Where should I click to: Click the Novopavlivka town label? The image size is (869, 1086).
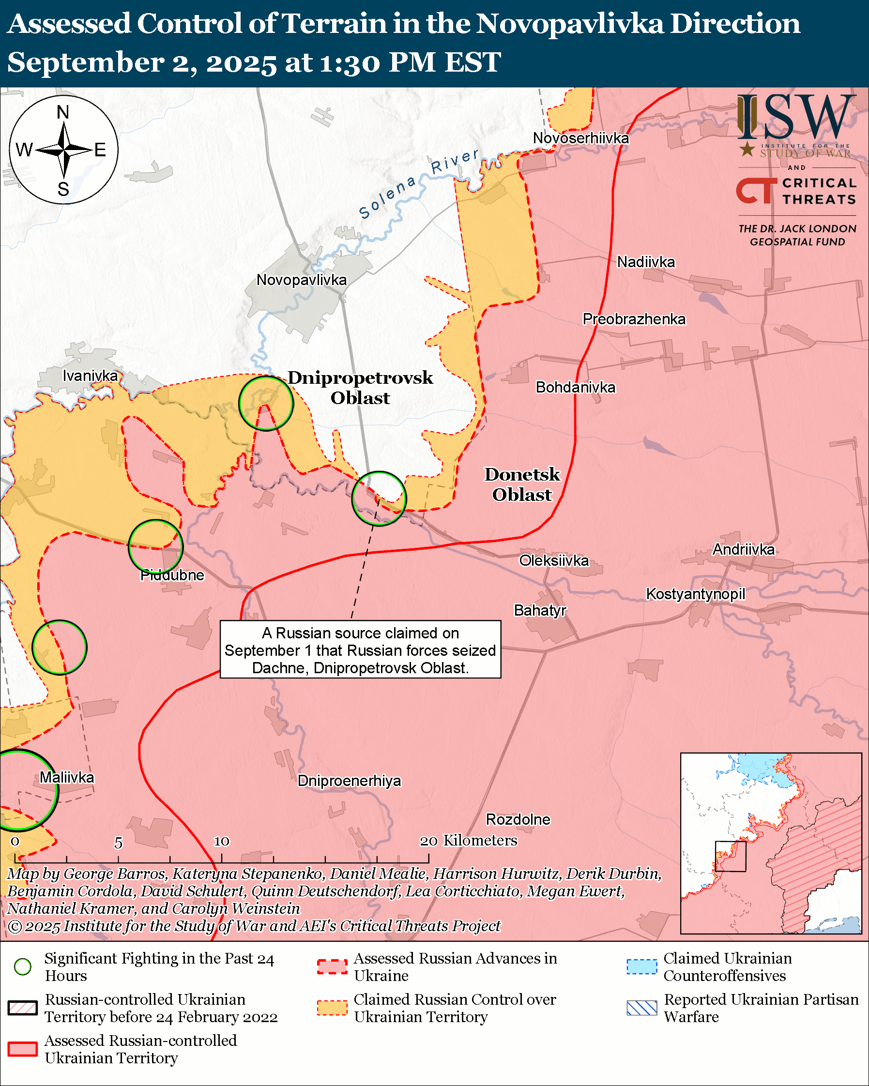click(301, 280)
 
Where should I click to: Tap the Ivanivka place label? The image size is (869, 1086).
click(90, 375)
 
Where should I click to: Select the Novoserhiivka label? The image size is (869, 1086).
click(580, 138)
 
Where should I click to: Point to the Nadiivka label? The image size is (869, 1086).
click(646, 262)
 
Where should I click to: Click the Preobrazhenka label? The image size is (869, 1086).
click(634, 319)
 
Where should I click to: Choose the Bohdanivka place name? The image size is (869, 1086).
click(575, 387)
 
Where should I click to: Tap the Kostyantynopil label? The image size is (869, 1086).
click(695, 594)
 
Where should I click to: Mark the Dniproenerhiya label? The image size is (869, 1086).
click(349, 781)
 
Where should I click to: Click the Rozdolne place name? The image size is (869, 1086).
click(518, 819)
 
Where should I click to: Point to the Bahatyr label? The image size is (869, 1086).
click(539, 610)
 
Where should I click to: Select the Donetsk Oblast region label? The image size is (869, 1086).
click(522, 484)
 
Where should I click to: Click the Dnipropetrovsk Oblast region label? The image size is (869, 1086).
click(360, 387)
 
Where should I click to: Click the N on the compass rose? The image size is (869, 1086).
click(63, 112)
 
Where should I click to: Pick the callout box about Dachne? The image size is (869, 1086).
click(360, 650)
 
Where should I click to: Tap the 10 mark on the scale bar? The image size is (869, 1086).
click(222, 841)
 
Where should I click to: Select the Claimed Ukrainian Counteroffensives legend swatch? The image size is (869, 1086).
click(642, 966)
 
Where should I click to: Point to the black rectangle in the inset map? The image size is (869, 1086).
click(730, 856)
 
